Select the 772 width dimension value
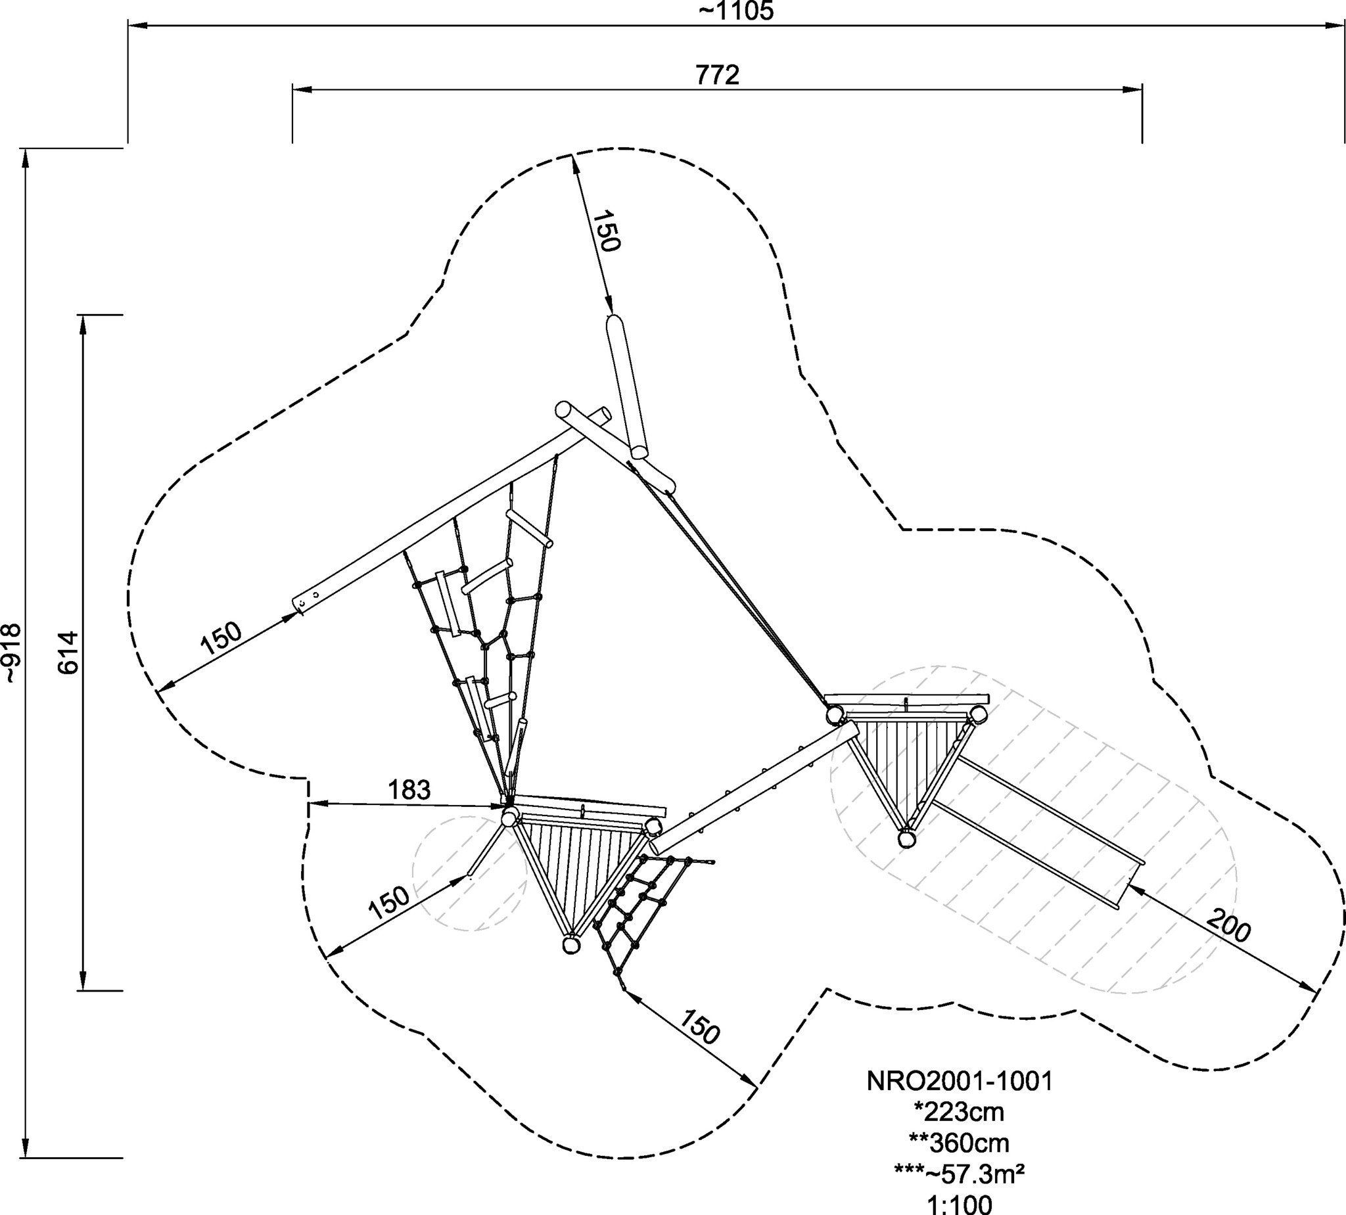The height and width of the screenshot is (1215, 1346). click(x=718, y=75)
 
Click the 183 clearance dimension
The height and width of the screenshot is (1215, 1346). click(x=409, y=790)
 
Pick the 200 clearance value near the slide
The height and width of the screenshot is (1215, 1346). click(x=1229, y=927)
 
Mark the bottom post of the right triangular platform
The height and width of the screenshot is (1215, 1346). click(x=906, y=838)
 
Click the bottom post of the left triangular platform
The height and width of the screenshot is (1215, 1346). click(x=570, y=945)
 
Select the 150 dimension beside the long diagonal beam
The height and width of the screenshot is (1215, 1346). click(x=221, y=637)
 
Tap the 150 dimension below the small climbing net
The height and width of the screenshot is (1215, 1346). click(x=700, y=1045)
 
